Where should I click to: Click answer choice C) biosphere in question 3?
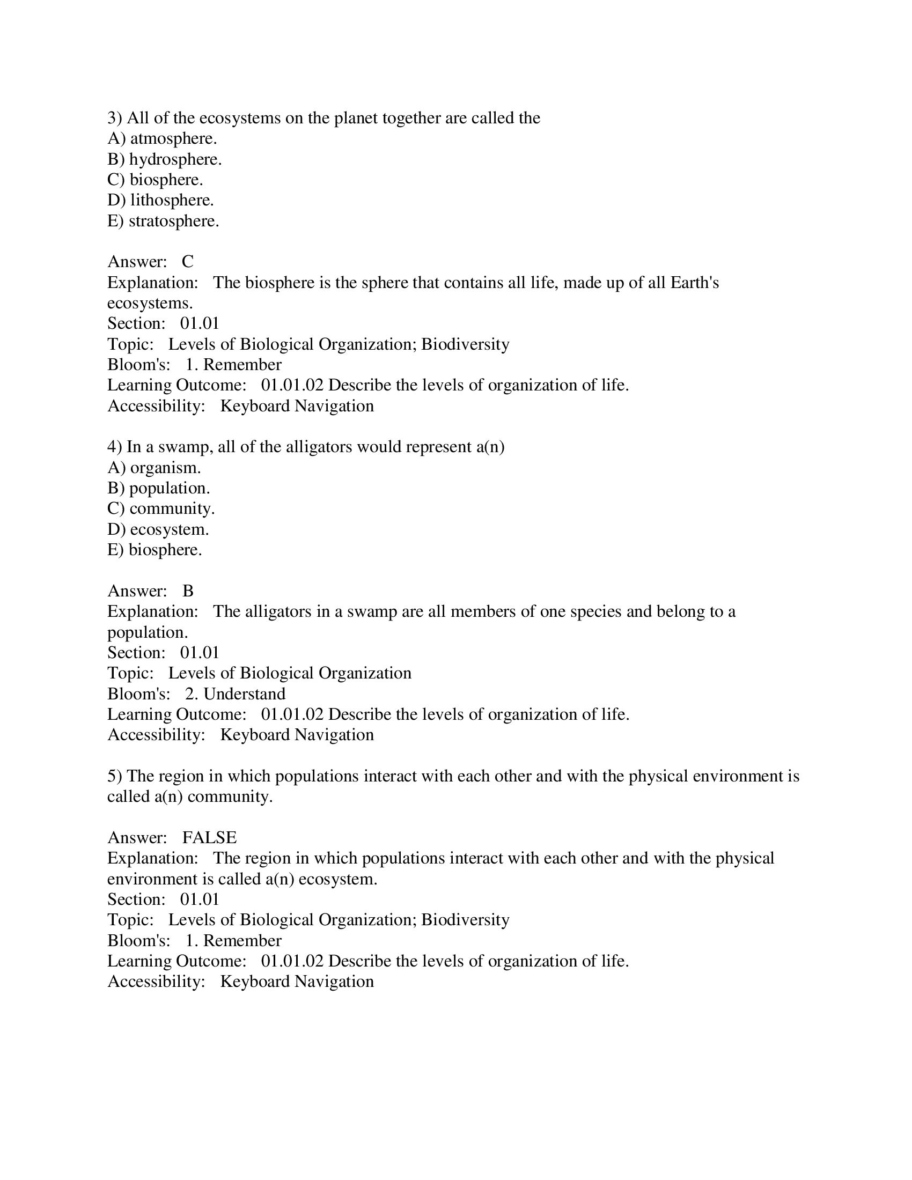click(x=155, y=180)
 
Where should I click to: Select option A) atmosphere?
click(x=162, y=139)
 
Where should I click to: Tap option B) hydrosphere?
click(x=164, y=159)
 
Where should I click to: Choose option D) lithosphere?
click(x=160, y=201)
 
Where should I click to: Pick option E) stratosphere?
click(x=163, y=222)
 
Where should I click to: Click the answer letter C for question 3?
click(x=187, y=262)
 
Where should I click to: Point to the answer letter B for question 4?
click(x=187, y=591)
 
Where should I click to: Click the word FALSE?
click(x=209, y=838)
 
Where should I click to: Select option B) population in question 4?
click(x=158, y=489)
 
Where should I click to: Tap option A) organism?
click(x=154, y=468)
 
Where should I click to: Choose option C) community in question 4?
click(x=161, y=509)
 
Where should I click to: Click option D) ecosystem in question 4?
click(x=158, y=529)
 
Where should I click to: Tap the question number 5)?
click(x=115, y=777)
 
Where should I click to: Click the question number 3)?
click(x=115, y=119)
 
